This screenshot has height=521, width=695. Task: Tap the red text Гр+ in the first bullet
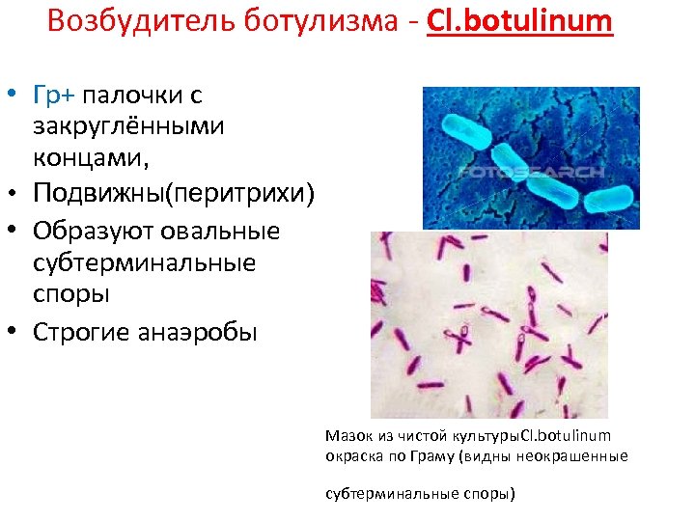click(54, 96)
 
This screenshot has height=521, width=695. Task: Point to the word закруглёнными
click(128, 125)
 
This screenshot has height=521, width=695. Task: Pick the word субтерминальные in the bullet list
click(144, 262)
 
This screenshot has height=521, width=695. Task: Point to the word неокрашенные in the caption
click(581, 456)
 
